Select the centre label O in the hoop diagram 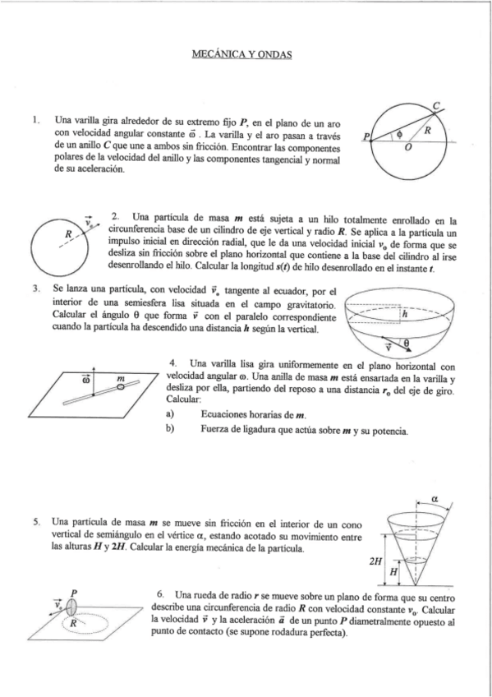click(x=407, y=149)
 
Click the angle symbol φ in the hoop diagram click(x=400, y=132)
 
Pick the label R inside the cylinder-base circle click(x=68, y=235)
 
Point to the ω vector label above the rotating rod click(x=84, y=381)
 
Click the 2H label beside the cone click(x=377, y=561)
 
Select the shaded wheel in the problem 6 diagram click(x=74, y=607)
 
